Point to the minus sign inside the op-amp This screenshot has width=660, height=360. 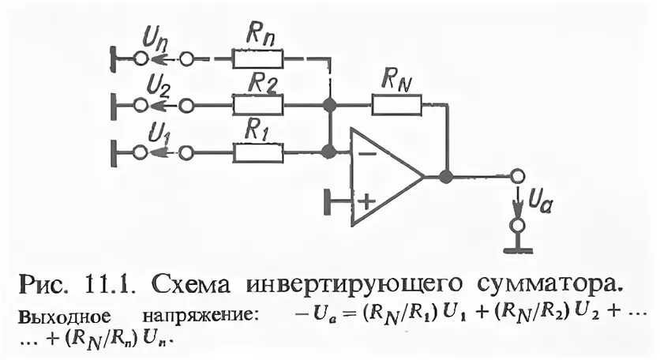[x=366, y=153]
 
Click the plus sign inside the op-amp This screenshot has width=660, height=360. [x=366, y=201]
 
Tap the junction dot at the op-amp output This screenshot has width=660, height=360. [x=446, y=176]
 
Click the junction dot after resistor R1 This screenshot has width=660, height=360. [x=329, y=152]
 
